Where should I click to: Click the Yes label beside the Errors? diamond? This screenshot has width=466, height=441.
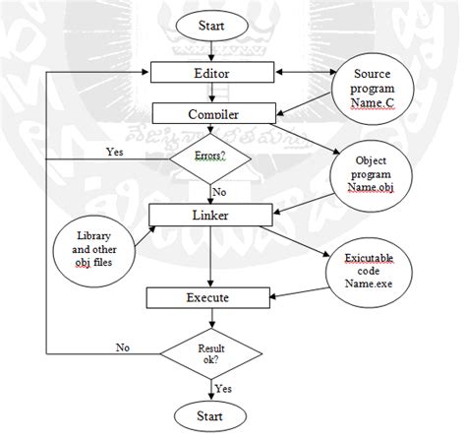coord(115,152)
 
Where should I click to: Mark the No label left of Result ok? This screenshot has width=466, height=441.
coord(123,346)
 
